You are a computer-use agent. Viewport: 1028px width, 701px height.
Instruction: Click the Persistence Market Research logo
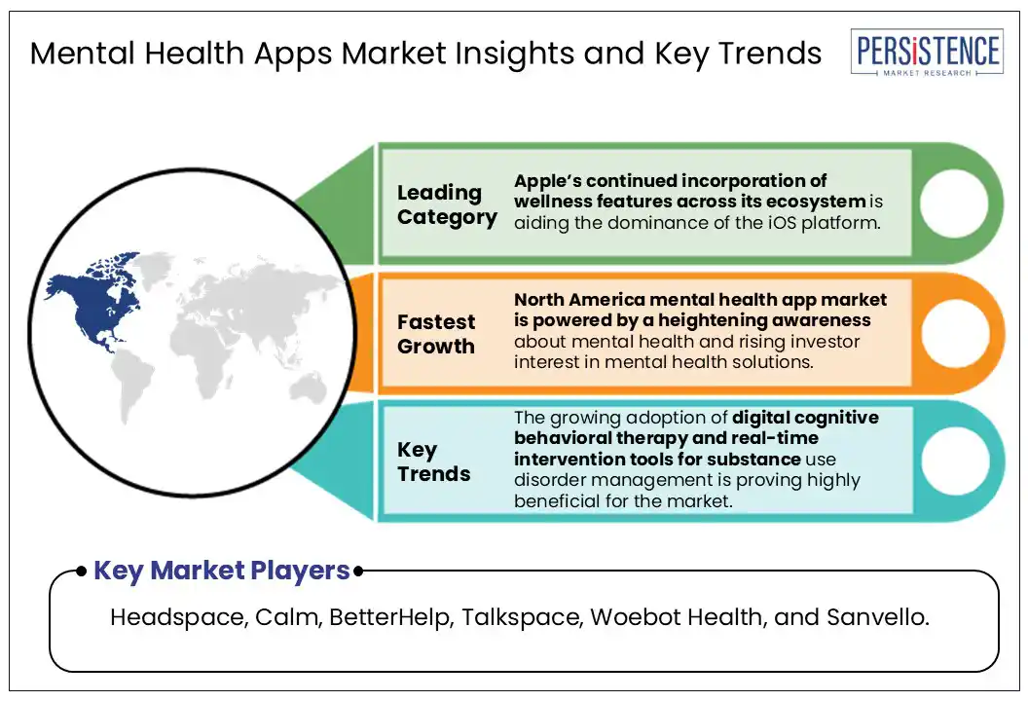pos(927,52)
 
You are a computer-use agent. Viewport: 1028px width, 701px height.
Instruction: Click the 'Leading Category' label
pos(447,204)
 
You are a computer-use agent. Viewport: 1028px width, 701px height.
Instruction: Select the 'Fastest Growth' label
pos(436,334)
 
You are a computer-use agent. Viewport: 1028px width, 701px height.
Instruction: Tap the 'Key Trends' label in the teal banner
pos(433,461)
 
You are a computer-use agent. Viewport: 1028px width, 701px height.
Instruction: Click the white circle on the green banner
pos(953,203)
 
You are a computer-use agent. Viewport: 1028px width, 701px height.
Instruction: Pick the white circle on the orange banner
pos(955,332)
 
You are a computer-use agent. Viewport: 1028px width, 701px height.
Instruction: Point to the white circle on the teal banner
pos(955,461)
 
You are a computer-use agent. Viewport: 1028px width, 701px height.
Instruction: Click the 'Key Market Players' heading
pos(222,572)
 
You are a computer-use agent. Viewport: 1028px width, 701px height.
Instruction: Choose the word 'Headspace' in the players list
pos(179,617)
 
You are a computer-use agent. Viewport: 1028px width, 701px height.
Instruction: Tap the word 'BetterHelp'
pos(391,617)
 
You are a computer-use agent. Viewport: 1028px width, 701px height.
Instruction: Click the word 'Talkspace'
pos(522,617)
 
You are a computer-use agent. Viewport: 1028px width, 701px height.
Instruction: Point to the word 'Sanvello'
pos(877,617)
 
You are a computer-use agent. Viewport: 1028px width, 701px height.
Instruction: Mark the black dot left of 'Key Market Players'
pos(82,572)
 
